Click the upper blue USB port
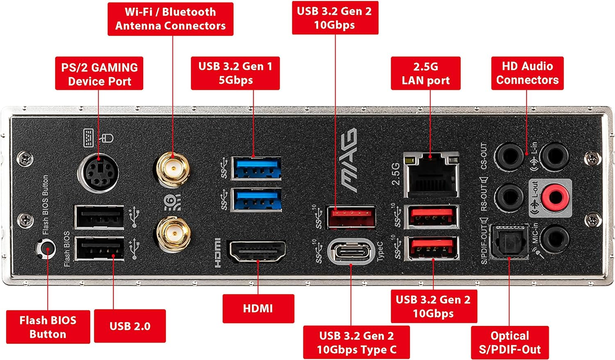coord(256,166)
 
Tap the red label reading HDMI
coord(258,308)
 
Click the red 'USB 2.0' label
coord(130,326)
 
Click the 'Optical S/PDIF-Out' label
coord(509,343)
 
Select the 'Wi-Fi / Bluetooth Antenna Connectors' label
coord(171,18)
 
